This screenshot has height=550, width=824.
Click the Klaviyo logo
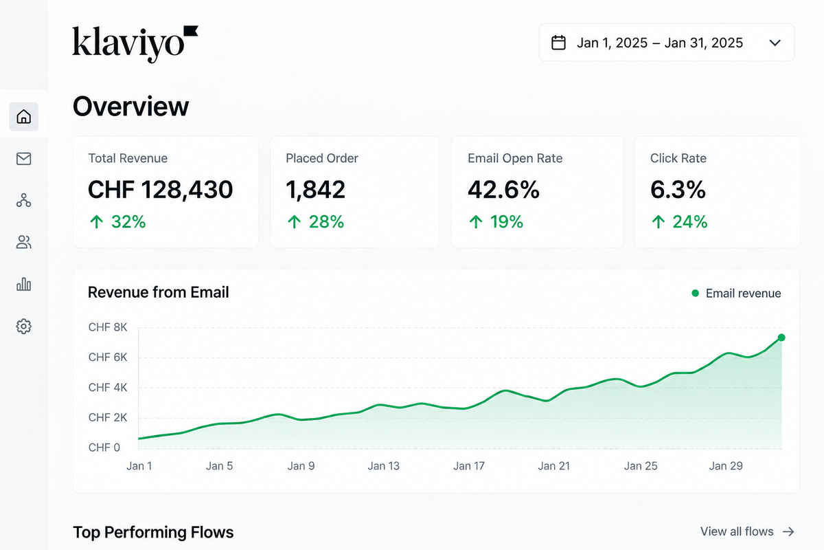pyautogui.click(x=135, y=44)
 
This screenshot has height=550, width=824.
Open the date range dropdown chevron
pyautogui.click(x=775, y=43)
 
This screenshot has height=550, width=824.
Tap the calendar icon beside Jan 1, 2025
pyautogui.click(x=558, y=43)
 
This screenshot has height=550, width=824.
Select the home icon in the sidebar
pyautogui.click(x=23, y=116)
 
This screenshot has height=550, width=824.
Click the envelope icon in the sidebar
pyautogui.click(x=23, y=159)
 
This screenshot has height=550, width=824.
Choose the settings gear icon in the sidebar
pyautogui.click(x=23, y=327)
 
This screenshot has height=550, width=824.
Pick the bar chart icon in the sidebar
pyautogui.click(x=23, y=284)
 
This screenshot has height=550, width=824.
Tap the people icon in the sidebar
pyautogui.click(x=23, y=242)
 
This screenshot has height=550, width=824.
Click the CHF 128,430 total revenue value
pyautogui.click(x=161, y=190)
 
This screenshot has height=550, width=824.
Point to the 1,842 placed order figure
pyautogui.click(x=316, y=190)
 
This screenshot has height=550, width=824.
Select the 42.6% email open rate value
pyautogui.click(x=503, y=190)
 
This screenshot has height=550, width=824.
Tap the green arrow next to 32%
pyautogui.click(x=97, y=222)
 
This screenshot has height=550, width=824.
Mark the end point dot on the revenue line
pyautogui.click(x=781, y=338)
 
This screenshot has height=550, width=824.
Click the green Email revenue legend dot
pyautogui.click(x=695, y=294)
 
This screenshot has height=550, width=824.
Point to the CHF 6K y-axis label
pyautogui.click(x=108, y=357)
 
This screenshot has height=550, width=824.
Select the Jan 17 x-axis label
pyautogui.click(x=468, y=466)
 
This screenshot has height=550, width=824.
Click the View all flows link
pyautogui.click(x=747, y=531)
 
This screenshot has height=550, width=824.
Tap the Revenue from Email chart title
pyautogui.click(x=158, y=292)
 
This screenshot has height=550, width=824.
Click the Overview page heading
pyautogui.click(x=131, y=107)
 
